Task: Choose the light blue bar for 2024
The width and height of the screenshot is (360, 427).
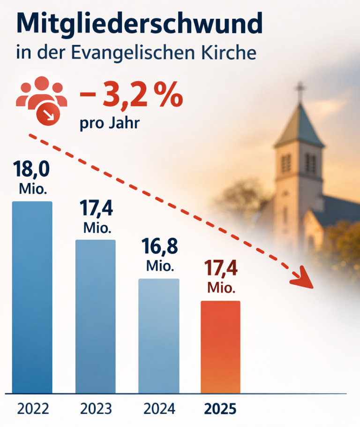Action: (x=158, y=335)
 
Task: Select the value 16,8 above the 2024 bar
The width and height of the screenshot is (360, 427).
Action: (x=159, y=247)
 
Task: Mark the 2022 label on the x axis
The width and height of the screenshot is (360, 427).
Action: (x=33, y=408)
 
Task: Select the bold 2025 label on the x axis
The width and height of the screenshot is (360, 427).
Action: (x=220, y=408)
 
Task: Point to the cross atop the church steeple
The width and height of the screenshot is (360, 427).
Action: (x=300, y=90)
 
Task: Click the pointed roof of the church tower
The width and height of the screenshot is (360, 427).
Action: (x=299, y=124)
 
